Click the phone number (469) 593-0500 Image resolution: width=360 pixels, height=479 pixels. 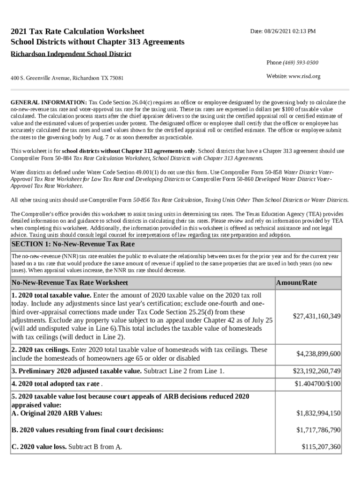click(x=302, y=63)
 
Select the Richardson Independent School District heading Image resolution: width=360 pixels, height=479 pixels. click(x=71, y=54)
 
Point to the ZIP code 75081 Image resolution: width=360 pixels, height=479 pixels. click(x=116, y=78)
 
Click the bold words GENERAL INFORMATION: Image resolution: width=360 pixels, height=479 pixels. click(x=49, y=102)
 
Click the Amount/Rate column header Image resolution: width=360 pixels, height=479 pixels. click(x=296, y=283)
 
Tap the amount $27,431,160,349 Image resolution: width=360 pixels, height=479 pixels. click(x=317, y=317)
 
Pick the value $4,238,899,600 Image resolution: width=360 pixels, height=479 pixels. click(x=318, y=354)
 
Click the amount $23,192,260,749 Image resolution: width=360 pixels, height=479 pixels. click(x=317, y=371)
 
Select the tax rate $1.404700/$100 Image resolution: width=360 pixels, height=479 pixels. click(x=317, y=384)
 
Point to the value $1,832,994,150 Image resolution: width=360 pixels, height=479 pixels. click(x=318, y=413)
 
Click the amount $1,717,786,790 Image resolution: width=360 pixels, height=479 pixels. click(x=318, y=429)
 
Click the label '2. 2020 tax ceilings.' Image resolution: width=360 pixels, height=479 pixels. click(x=41, y=350)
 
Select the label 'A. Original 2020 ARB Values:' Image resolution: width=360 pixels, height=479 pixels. click(x=57, y=413)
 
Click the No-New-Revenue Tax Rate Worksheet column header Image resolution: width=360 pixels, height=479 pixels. click(x=70, y=283)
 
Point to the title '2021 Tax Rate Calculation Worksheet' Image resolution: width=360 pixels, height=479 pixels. click(x=78, y=32)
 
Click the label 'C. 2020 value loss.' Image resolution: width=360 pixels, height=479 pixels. click(x=39, y=447)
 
